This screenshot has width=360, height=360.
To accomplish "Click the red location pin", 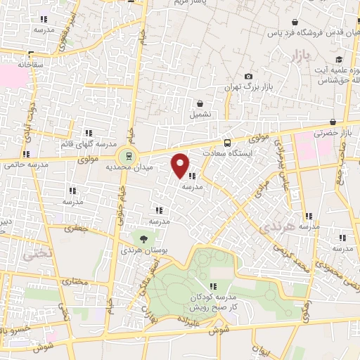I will [181, 165].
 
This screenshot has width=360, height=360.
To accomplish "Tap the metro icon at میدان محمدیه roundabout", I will [128, 156].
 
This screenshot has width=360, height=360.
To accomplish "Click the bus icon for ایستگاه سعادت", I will [226, 141].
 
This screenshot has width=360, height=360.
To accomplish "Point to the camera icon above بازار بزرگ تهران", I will [248, 77].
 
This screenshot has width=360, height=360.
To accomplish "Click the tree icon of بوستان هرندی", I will [143, 239].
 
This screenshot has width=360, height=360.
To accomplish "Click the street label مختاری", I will [73, 281].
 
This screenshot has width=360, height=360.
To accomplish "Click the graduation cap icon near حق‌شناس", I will [340, 59].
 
